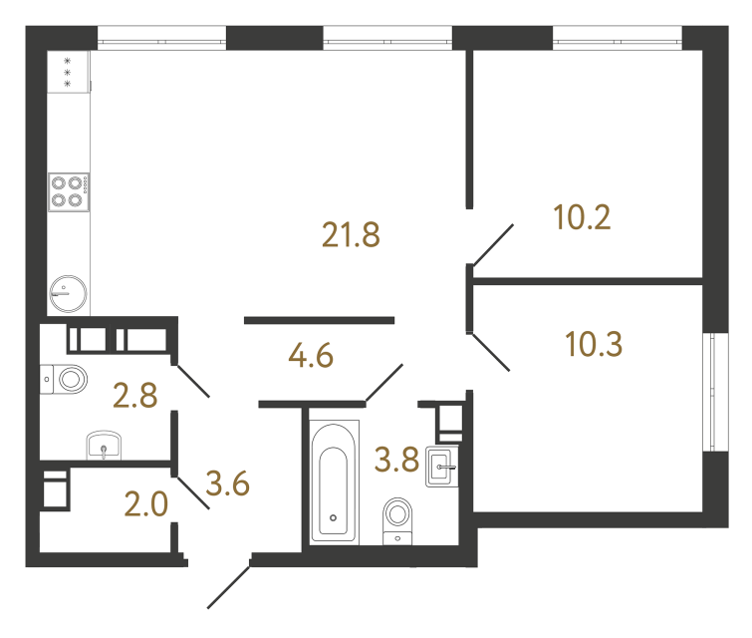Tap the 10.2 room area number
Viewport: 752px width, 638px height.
[x=582, y=217]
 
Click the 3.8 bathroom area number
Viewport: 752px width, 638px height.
[x=394, y=461]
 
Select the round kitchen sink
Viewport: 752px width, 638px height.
[x=68, y=293]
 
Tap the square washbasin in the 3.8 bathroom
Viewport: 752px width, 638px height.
[x=442, y=467]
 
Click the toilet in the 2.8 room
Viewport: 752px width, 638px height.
[x=68, y=378]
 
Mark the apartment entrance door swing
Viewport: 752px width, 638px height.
[x=229, y=587]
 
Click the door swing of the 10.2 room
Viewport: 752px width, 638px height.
[x=492, y=245]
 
